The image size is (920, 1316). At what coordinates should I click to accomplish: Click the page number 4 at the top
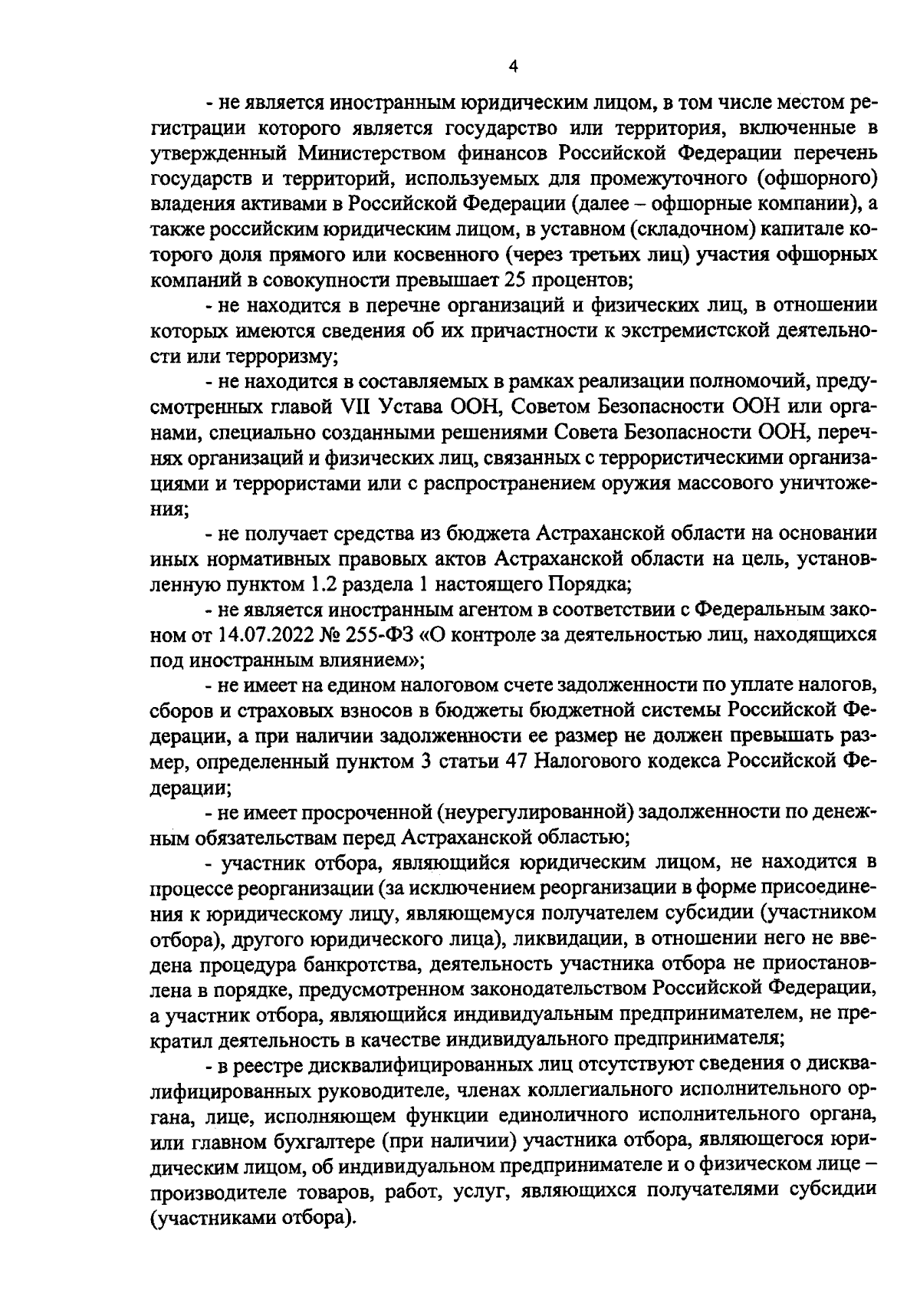point(514,67)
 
